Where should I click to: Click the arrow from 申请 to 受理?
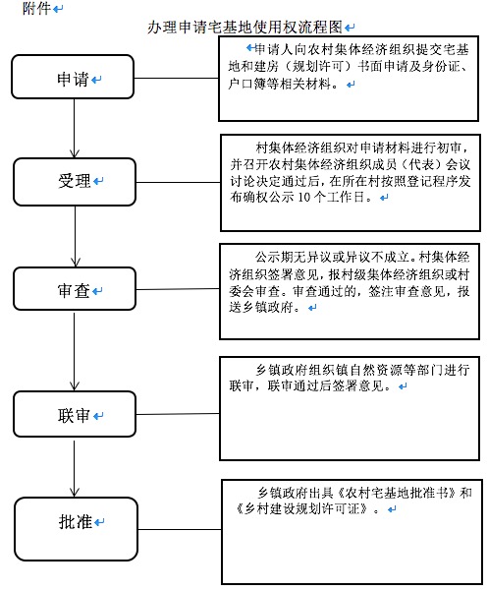[74, 129]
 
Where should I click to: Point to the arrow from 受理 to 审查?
[76, 237]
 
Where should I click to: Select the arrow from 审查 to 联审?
[74, 351]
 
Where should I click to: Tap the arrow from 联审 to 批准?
[74, 469]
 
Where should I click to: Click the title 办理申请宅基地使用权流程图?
[244, 28]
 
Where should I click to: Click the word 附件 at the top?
[36, 8]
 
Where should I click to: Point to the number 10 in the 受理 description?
[303, 197]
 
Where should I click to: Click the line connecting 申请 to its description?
[177, 79]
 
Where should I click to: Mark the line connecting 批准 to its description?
[180, 529]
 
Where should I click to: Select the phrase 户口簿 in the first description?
[246, 84]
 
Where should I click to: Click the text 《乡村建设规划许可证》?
[302, 508]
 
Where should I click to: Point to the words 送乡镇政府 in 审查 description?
[261, 307]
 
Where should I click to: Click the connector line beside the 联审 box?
[178, 414]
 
